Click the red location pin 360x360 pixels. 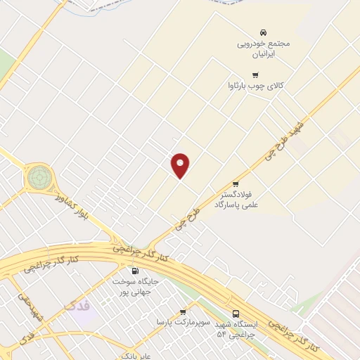pyautogui.click(x=181, y=165)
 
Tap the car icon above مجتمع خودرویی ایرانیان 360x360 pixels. pyautogui.click(x=263, y=32)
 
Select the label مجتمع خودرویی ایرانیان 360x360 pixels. pyautogui.click(x=264, y=48)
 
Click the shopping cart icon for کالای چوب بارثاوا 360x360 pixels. pyautogui.click(x=255, y=75)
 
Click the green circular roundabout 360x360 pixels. pyautogui.click(x=39, y=177)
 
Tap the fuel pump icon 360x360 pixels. pyautogui.click(x=134, y=271)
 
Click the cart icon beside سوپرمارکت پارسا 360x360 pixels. pyautogui.click(x=183, y=312)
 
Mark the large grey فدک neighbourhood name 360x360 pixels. pyautogui.click(x=76, y=305)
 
